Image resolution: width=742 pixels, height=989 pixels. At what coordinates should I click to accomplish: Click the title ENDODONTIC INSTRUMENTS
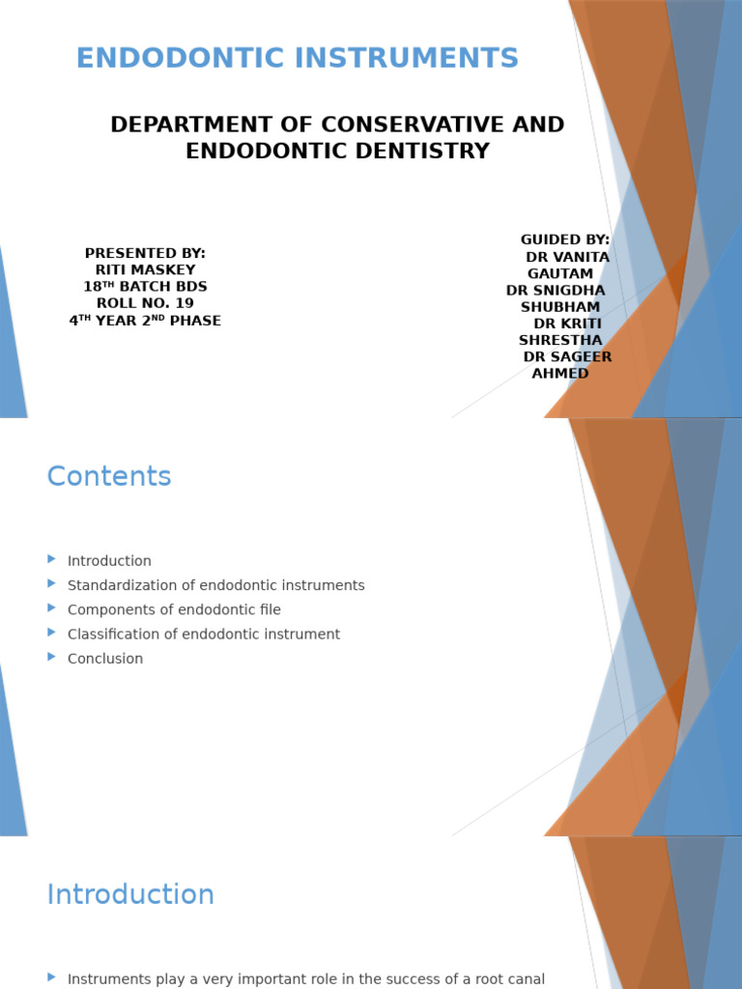point(298,59)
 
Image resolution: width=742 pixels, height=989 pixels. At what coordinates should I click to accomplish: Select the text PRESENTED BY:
point(145,253)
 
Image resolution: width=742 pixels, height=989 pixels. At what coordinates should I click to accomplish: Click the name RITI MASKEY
point(145,270)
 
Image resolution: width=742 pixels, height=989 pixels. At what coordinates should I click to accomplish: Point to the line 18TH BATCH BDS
point(145,287)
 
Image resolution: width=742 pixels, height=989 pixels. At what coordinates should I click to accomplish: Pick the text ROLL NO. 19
point(145,303)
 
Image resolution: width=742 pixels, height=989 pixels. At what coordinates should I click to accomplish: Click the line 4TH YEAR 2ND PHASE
point(145,321)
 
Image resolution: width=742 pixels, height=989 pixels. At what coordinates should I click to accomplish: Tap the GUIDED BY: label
point(565,240)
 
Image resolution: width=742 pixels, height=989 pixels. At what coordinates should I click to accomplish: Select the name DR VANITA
point(567,257)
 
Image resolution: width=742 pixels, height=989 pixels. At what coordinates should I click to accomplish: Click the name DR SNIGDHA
point(556,291)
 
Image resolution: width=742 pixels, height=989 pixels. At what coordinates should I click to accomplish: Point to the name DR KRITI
point(567,324)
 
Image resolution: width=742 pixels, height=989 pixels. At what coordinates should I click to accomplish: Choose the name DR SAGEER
point(567,357)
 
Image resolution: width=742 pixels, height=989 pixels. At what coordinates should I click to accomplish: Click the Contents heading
point(109,476)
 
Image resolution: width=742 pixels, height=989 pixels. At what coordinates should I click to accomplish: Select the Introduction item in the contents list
point(109,561)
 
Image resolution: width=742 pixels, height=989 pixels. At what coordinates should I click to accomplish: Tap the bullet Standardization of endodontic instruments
point(215,585)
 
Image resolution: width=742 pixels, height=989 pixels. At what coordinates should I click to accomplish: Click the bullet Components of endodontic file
point(174,609)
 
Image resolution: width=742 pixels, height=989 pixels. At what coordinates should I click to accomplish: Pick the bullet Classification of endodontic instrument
point(204,635)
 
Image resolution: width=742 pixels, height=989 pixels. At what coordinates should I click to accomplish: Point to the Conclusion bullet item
point(105,659)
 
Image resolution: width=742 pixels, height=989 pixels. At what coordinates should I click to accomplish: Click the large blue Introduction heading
point(130,894)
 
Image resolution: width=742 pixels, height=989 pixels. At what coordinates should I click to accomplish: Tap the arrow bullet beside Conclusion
point(52,657)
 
